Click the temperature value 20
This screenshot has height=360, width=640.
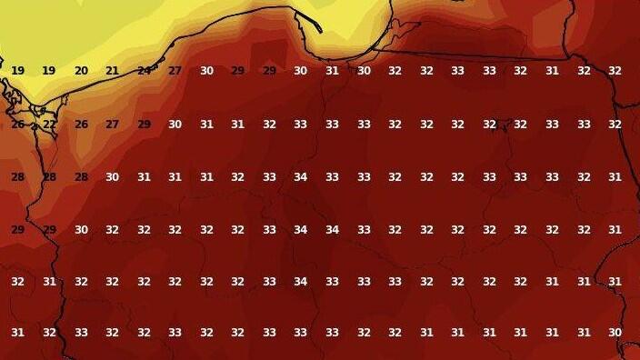pos(81,71)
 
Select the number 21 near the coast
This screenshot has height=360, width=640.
pos(113,71)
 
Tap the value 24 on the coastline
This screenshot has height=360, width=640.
pos(144,71)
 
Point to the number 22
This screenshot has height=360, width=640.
pos(49,125)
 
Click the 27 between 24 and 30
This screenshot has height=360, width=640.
pos(175,71)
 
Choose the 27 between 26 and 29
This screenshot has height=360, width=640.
pos(113,125)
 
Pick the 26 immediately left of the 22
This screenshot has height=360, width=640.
pos(17,125)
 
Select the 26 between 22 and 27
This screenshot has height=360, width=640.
pos(81,125)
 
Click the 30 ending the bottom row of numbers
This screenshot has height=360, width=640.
pos(615,333)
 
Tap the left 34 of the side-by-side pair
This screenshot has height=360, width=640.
pos(300,230)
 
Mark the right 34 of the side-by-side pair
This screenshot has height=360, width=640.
pos(332,230)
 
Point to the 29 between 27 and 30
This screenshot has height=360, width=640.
pos(144,125)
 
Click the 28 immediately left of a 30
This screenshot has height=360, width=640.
pos(81,177)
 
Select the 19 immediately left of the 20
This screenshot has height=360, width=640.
pos(49,71)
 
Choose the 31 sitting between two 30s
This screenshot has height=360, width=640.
pos(332,71)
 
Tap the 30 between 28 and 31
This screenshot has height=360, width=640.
pos(113,177)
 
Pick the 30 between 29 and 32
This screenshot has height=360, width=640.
pos(81,230)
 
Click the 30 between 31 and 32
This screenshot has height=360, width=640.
pos(364,71)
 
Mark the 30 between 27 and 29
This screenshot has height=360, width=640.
pos(206,71)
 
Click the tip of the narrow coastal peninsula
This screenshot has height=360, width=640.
pos(321,31)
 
